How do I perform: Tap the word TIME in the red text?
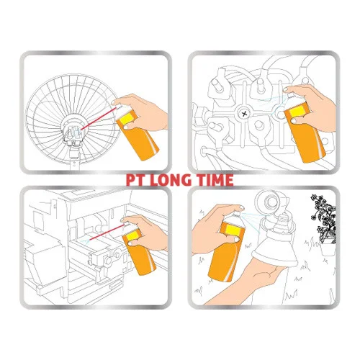(x=212, y=180)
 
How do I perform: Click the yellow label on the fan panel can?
(x=129, y=118)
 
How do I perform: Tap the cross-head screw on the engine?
(x=244, y=114)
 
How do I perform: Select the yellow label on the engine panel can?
(x=297, y=111)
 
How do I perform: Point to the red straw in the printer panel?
(x=107, y=232)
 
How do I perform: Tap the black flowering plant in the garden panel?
(x=323, y=217)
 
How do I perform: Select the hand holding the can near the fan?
(x=142, y=112)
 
